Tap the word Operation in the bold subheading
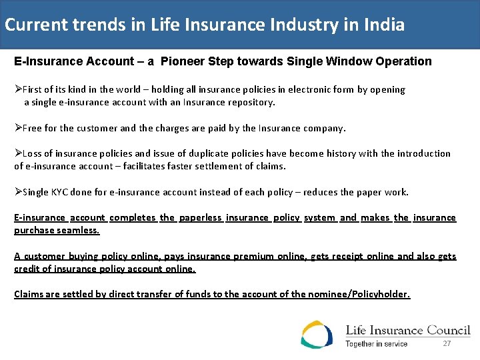pos(403,61)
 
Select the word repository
pos(250,103)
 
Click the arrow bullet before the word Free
pos(18,128)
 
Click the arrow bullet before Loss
pos(18,153)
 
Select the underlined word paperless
pos(200,217)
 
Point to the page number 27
pos(447,343)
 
